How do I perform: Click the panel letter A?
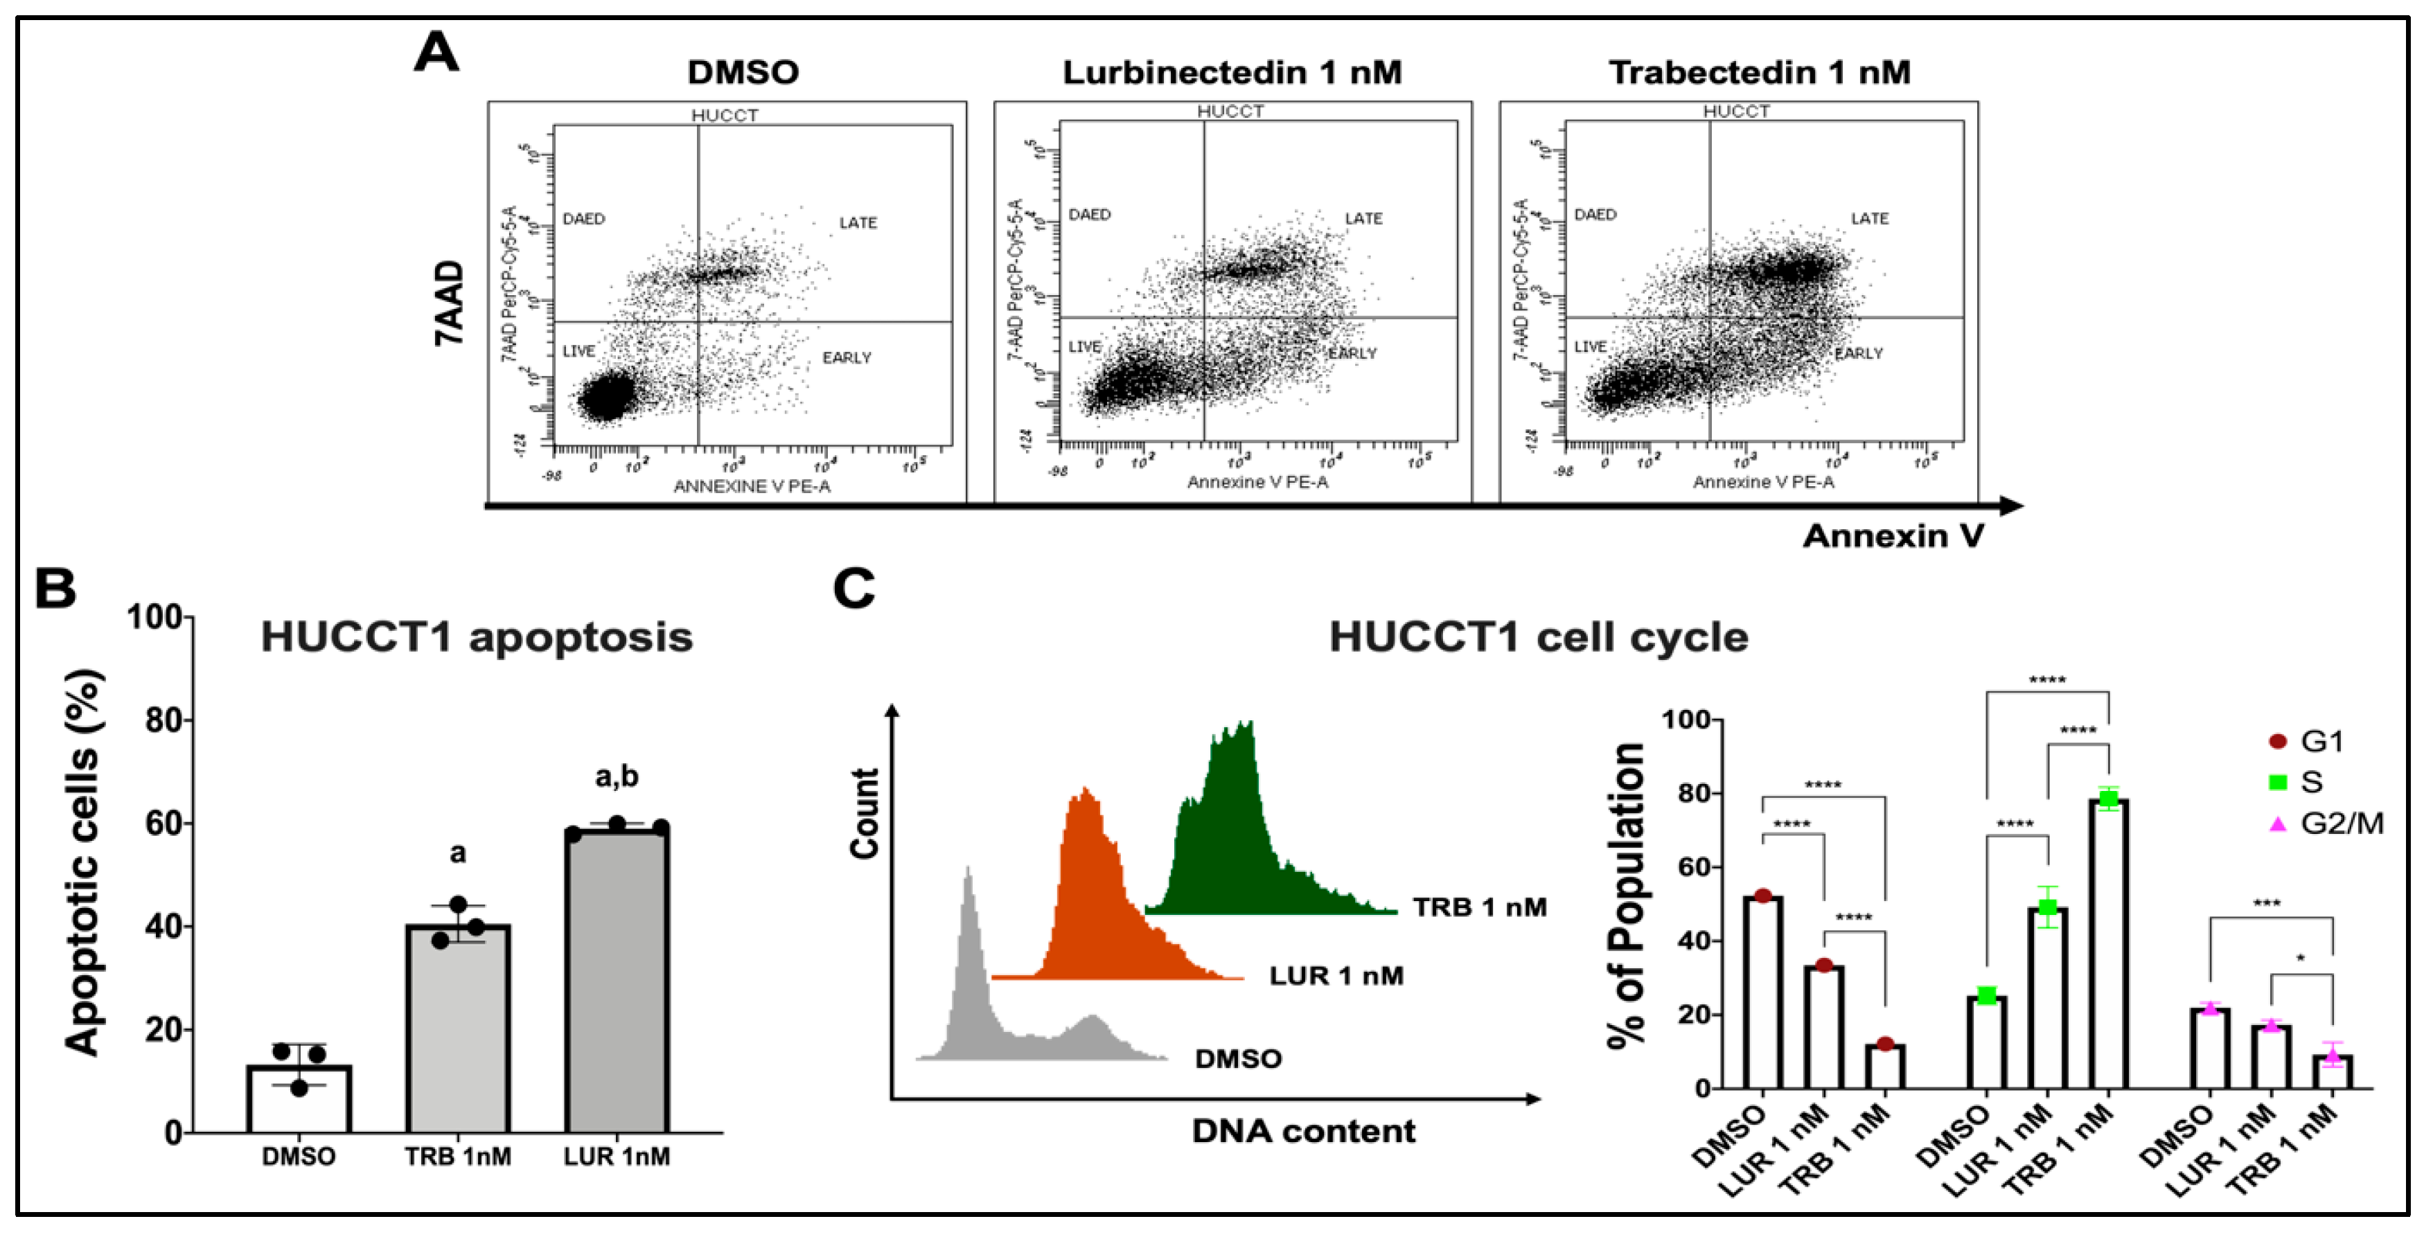click(x=436, y=53)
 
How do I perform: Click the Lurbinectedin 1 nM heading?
click(x=1232, y=73)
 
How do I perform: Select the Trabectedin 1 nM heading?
click(x=1759, y=73)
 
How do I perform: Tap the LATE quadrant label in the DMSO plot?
click(x=857, y=223)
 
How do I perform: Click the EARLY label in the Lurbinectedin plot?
click(x=1352, y=354)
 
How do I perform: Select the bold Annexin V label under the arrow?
click(x=1893, y=536)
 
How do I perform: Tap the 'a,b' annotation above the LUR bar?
click(x=617, y=777)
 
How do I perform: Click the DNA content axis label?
click(x=1302, y=1131)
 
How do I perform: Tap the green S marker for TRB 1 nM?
click(x=2108, y=799)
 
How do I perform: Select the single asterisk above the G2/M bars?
click(x=2300, y=959)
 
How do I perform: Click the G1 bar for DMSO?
click(x=1762, y=993)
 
